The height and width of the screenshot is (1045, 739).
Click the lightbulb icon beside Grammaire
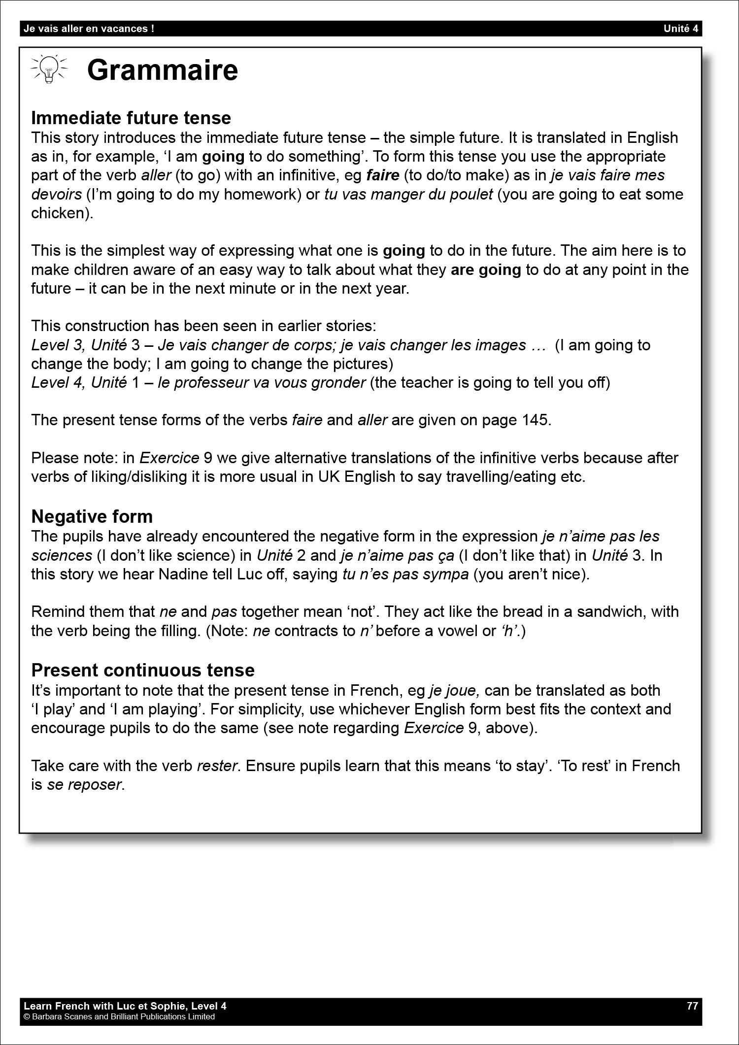pos(48,68)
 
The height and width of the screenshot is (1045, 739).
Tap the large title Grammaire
pos(162,70)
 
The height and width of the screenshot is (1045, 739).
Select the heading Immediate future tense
pos(131,118)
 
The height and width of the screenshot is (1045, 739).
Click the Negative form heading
pos(92,516)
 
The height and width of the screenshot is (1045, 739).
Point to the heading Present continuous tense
pos(143,670)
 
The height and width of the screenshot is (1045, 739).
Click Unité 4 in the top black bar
pos(681,29)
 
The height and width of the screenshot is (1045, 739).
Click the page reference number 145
pos(533,420)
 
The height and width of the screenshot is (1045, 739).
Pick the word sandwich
pos(609,611)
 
